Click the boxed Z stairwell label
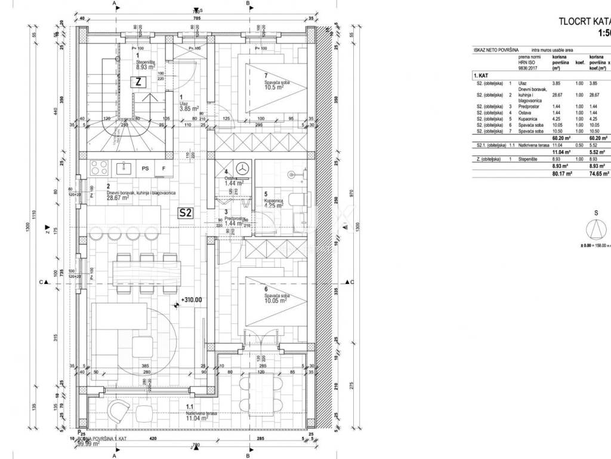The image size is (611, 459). pos(138,83)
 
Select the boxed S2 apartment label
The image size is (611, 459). pos(186,212)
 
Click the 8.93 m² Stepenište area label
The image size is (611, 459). pos(142,69)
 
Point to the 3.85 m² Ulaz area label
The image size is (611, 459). pos(190,109)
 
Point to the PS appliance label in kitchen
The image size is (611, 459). pos(145,169)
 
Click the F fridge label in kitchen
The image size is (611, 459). pos(163,169)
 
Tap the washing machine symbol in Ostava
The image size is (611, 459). pos(243,168)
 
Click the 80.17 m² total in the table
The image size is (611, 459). pos(561,175)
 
